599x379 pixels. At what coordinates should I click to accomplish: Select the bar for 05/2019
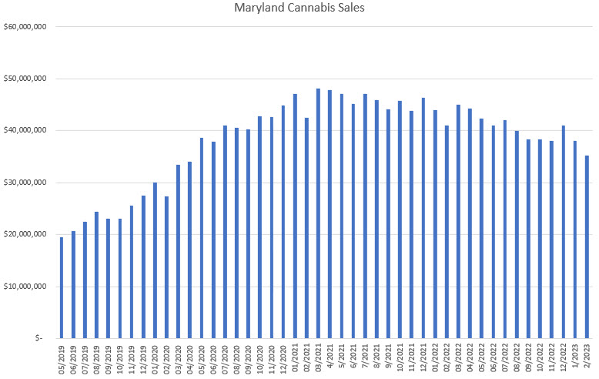[62, 287]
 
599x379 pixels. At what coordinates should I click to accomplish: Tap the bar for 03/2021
[318, 213]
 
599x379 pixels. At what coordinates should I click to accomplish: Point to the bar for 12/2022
[564, 231]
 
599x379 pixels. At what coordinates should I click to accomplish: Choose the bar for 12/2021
[423, 217]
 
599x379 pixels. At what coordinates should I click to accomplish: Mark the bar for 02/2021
[306, 227]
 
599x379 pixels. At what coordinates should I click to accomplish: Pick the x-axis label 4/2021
[330, 357]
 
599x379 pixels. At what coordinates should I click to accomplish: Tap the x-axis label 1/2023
[575, 357]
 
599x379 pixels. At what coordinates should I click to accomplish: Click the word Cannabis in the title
[302, 10]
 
